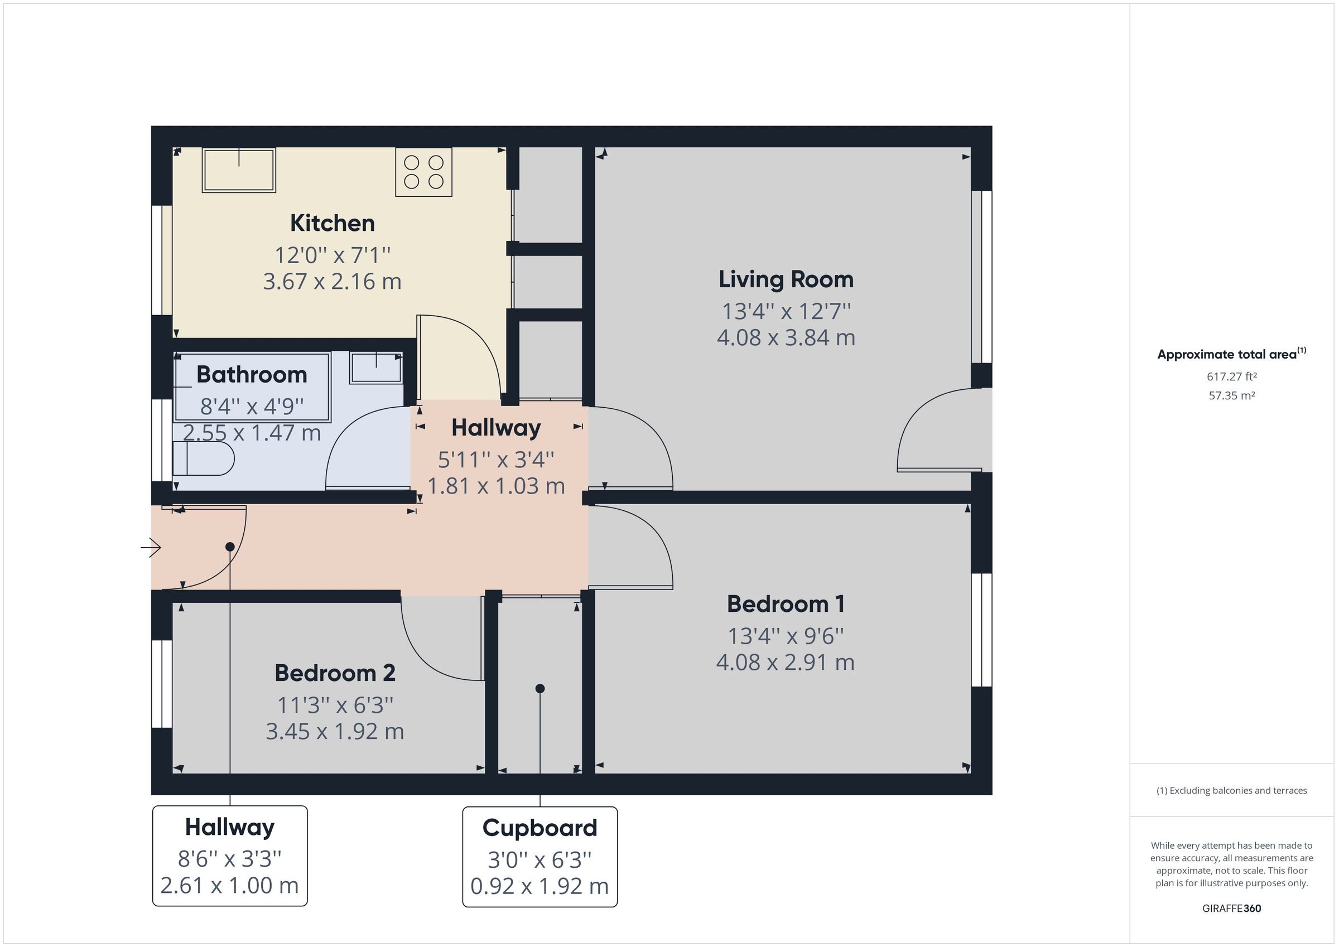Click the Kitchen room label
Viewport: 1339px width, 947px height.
click(332, 223)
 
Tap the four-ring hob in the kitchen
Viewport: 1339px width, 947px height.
click(423, 172)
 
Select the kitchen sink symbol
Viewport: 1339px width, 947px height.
click(239, 170)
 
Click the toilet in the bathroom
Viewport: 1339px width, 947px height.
click(204, 458)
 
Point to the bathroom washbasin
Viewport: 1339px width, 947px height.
click(376, 368)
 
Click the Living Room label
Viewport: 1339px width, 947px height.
click(786, 279)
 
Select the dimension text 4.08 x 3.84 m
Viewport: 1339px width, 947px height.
click(786, 337)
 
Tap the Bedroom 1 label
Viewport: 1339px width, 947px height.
click(786, 604)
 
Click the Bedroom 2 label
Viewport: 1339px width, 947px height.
click(335, 673)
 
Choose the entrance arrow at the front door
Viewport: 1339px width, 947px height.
click(151, 548)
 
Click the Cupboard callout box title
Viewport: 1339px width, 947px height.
click(540, 828)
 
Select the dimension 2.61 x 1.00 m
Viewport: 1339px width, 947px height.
click(229, 885)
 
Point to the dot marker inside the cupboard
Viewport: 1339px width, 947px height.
click(540, 689)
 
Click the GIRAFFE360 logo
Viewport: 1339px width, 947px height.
click(1232, 909)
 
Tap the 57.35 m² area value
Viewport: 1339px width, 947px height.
click(1232, 395)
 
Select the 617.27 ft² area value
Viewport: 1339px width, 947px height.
click(1232, 376)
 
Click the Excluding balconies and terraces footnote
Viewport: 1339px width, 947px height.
click(1232, 791)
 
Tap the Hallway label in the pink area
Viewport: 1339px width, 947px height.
click(496, 428)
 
